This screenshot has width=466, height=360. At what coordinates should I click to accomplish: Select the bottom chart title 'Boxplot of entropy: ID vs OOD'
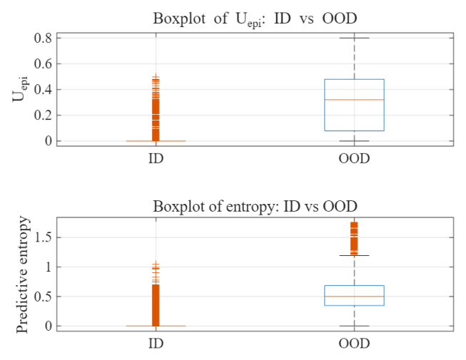coord(255,206)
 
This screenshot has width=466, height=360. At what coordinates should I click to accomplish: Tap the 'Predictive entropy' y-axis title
coord(23,274)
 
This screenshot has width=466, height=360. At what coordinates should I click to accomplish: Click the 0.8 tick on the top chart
coord(42,38)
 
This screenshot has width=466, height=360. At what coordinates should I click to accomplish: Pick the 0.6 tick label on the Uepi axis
coord(42,63)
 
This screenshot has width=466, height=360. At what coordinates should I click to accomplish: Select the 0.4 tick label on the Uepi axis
coord(42,89)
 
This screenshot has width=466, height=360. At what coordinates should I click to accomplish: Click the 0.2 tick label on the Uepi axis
coord(42,115)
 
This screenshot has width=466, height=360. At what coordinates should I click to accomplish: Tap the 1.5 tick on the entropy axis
coord(42,237)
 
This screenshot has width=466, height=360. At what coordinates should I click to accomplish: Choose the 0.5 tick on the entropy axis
coord(42,297)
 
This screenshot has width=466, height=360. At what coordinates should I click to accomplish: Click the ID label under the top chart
coord(156,158)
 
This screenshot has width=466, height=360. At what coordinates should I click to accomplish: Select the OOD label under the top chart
coord(354,158)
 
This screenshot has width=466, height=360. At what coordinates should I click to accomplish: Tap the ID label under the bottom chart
coord(156,344)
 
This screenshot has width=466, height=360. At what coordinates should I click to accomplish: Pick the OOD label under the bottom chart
coord(354,344)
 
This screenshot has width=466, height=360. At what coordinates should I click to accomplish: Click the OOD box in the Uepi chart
coord(354,105)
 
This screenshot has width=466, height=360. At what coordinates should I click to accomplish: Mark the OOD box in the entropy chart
coord(354,295)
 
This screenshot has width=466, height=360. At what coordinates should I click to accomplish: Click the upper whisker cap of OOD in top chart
coord(354,38)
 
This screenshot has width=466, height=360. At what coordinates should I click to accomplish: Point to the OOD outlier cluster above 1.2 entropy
coord(354,237)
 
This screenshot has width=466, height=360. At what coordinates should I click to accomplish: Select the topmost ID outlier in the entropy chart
coord(156,264)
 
